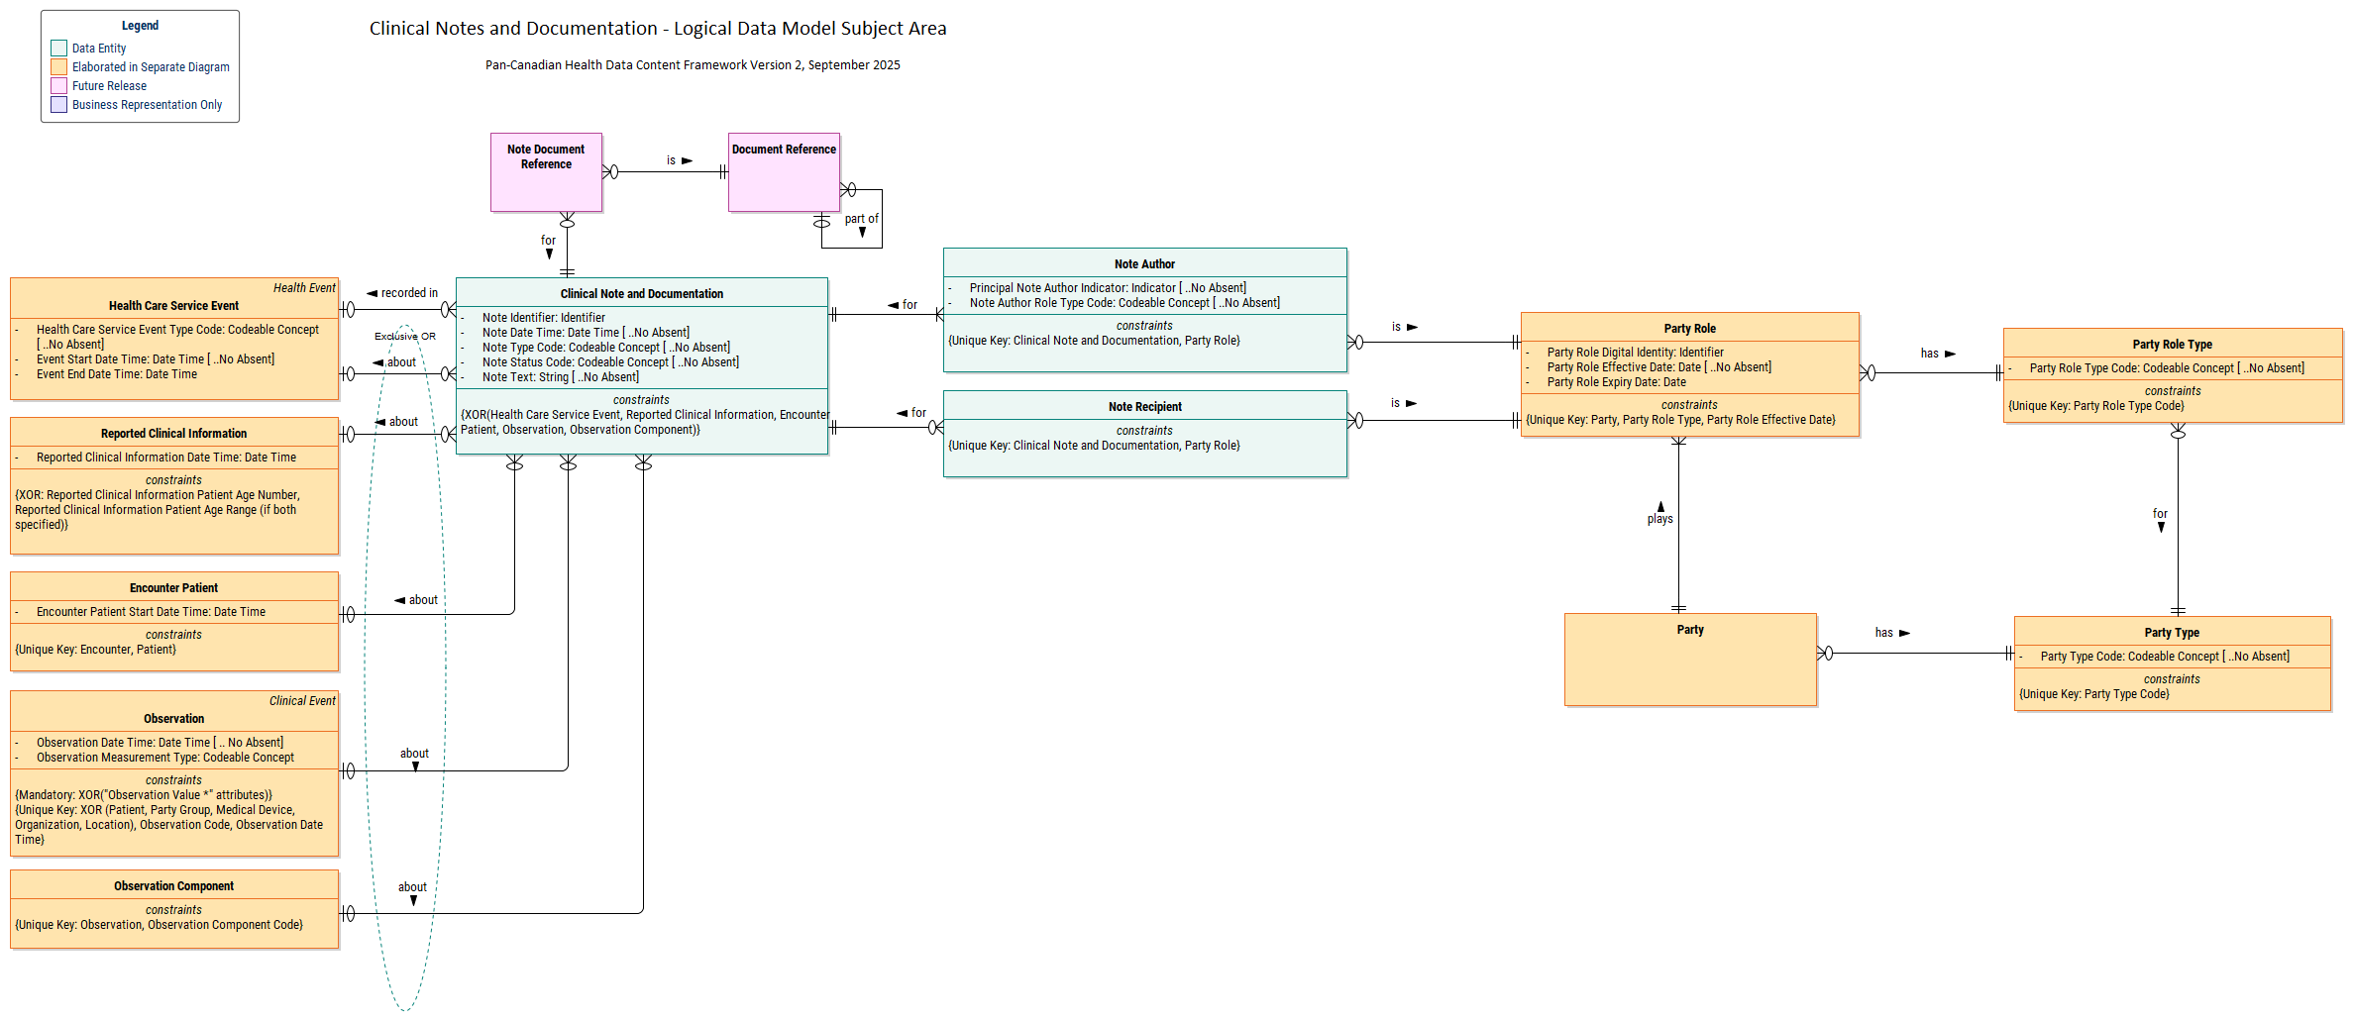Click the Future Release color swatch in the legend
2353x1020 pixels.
(x=58, y=86)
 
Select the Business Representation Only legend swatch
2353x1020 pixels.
(x=58, y=105)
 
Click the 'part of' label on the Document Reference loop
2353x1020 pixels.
(x=861, y=219)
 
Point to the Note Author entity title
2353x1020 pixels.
(x=1144, y=264)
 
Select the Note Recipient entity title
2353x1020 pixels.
(x=1144, y=407)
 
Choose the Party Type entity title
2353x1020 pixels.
(x=2172, y=633)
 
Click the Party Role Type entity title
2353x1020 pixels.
(x=2172, y=345)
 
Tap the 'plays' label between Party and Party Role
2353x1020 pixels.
(x=1659, y=519)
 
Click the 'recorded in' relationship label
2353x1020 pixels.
(x=408, y=293)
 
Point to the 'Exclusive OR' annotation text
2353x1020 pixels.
(x=404, y=337)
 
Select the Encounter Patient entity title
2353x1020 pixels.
(x=173, y=588)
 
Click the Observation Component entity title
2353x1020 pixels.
(x=173, y=886)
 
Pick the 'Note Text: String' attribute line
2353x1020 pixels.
(x=560, y=377)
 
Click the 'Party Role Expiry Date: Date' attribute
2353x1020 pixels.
(x=1616, y=382)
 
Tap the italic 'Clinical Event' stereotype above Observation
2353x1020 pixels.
(x=302, y=701)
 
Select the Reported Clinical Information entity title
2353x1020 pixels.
(x=173, y=434)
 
